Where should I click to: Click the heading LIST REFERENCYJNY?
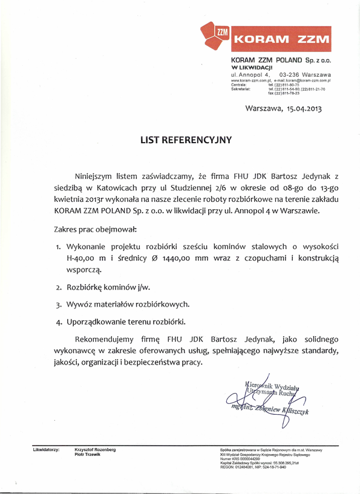coord(186,140)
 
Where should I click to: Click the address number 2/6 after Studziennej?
coord(212,188)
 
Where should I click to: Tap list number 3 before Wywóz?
coord(59,304)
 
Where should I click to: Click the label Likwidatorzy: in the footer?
coord(46,450)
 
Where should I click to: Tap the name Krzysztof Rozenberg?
coord(95,450)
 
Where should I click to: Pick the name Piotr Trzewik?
coord(88,454)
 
